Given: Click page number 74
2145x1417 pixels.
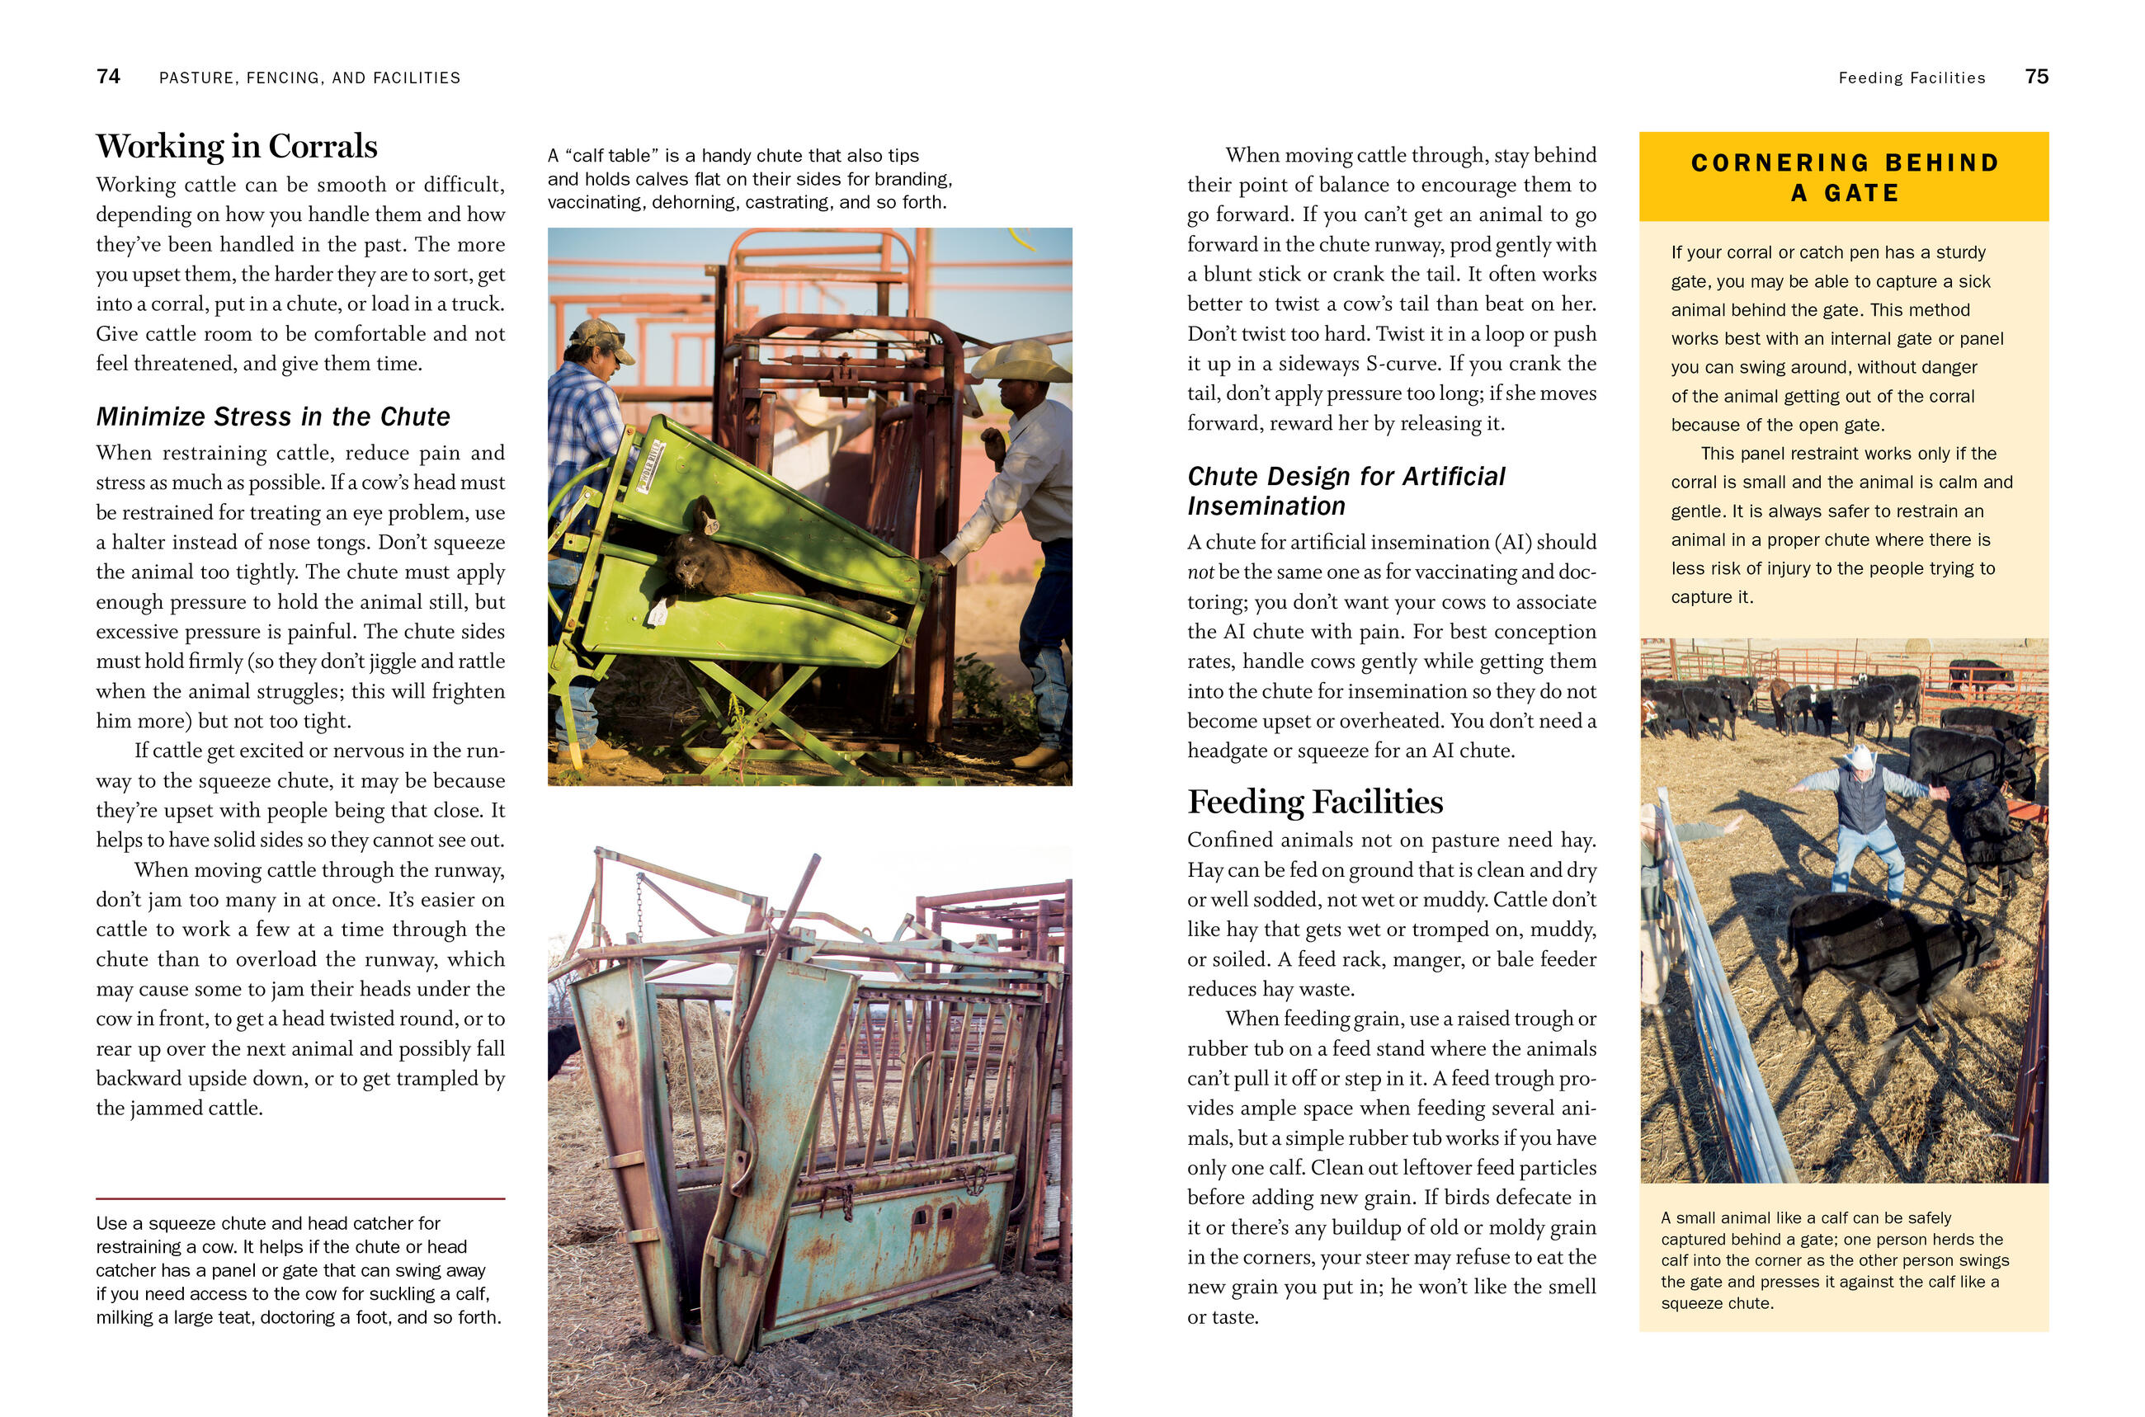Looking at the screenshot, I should click(108, 77).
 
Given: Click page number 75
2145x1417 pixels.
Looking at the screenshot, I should click(2037, 77).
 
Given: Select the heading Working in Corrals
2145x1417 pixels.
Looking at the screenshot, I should click(237, 146).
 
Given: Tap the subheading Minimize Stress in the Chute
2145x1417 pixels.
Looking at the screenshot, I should click(273, 417).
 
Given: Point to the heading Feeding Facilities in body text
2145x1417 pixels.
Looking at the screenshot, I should click(1314, 803).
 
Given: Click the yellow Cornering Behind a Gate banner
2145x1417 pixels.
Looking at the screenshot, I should click(1843, 177).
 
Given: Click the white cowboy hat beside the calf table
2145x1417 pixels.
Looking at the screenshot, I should click(1021, 361).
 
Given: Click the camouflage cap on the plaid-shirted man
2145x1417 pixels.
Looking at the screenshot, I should click(598, 334).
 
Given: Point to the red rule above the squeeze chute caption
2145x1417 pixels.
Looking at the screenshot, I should click(300, 1198).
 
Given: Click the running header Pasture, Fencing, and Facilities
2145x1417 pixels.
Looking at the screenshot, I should click(309, 78).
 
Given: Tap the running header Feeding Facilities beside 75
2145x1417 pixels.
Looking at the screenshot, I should click(1911, 78).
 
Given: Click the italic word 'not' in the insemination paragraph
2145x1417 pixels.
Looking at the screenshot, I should click(1200, 572).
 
